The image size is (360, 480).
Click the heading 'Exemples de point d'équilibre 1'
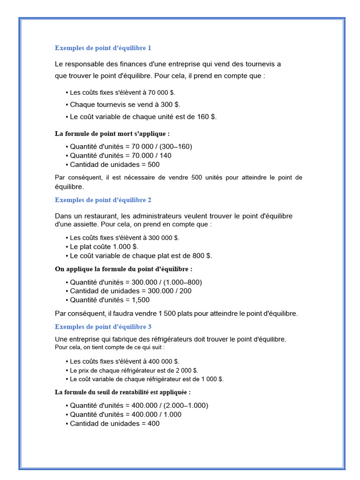pyautogui.click(x=103, y=48)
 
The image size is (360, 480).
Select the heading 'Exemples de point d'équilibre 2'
pyautogui.click(x=103, y=200)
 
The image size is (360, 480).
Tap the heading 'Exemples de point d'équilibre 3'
pyautogui.click(x=103, y=326)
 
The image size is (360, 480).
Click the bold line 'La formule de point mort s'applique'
pyautogui.click(x=112, y=134)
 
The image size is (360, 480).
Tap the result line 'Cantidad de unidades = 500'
pyautogui.click(x=114, y=165)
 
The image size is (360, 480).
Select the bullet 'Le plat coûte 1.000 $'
pyautogui.click(x=104, y=246)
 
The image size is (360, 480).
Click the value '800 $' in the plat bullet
pyautogui.click(x=202, y=255)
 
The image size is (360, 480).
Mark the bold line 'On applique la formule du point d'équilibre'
pyautogui.click(x=124, y=269)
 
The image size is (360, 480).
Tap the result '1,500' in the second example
pyautogui.click(x=141, y=300)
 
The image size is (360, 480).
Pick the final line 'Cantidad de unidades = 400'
pyautogui.click(x=114, y=423)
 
